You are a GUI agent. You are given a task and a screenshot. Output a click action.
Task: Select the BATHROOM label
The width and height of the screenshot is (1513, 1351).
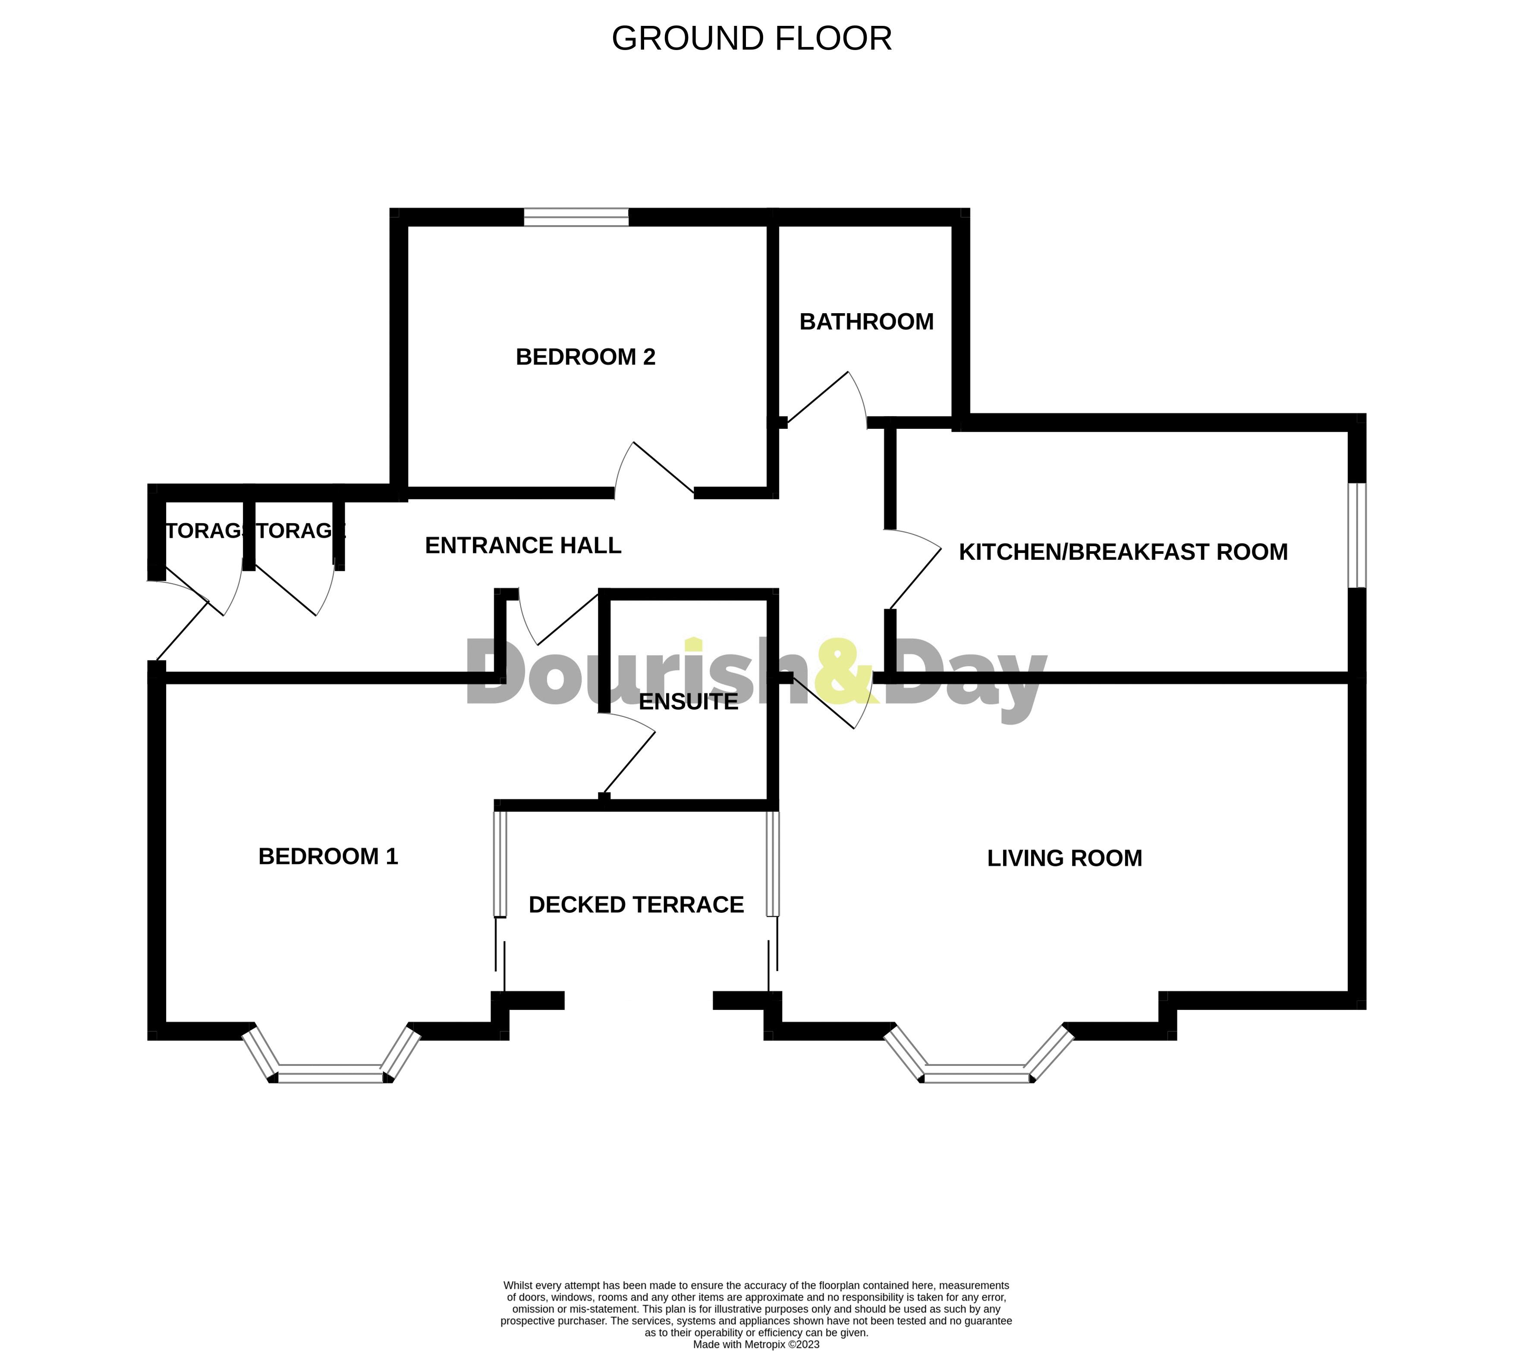tap(866, 321)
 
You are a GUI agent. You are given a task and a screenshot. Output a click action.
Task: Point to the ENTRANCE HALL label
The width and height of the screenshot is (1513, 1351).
tap(522, 546)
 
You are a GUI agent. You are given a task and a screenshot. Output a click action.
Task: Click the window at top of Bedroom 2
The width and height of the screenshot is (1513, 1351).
tap(576, 217)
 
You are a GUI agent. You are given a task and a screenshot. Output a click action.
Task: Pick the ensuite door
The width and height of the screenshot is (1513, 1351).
tap(627, 754)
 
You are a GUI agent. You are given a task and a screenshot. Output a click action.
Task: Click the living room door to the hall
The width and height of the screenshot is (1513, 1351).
tap(828, 701)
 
